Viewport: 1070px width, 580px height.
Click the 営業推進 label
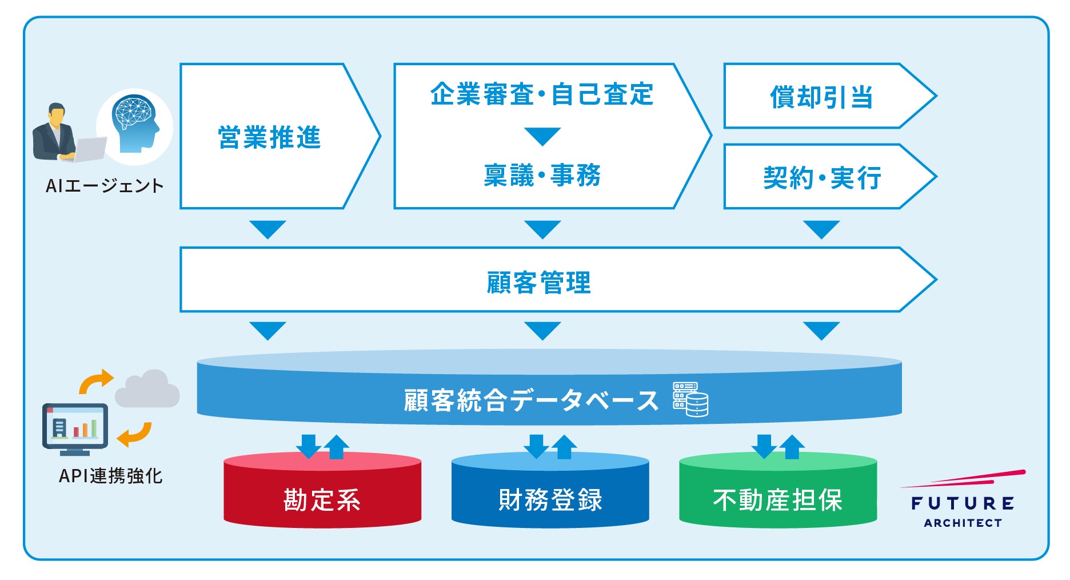(x=269, y=138)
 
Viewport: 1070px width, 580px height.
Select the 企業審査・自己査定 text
(x=541, y=94)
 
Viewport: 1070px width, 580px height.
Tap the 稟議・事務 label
(x=542, y=175)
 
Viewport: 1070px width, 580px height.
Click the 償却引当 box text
(x=821, y=97)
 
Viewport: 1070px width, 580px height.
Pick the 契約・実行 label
(x=822, y=178)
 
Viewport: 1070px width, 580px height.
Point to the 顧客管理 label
(x=538, y=282)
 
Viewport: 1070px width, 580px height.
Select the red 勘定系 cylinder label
(x=322, y=499)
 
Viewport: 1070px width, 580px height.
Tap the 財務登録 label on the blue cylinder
(x=550, y=499)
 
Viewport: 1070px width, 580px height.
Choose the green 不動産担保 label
(x=777, y=499)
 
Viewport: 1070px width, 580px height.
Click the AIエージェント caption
(x=105, y=185)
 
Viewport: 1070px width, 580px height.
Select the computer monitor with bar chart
(x=75, y=428)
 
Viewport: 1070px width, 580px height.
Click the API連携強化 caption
(x=110, y=475)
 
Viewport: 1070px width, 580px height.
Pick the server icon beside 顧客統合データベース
(x=690, y=399)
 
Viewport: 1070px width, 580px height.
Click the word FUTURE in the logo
(x=963, y=503)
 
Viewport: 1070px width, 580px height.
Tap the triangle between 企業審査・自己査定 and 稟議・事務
(x=542, y=136)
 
